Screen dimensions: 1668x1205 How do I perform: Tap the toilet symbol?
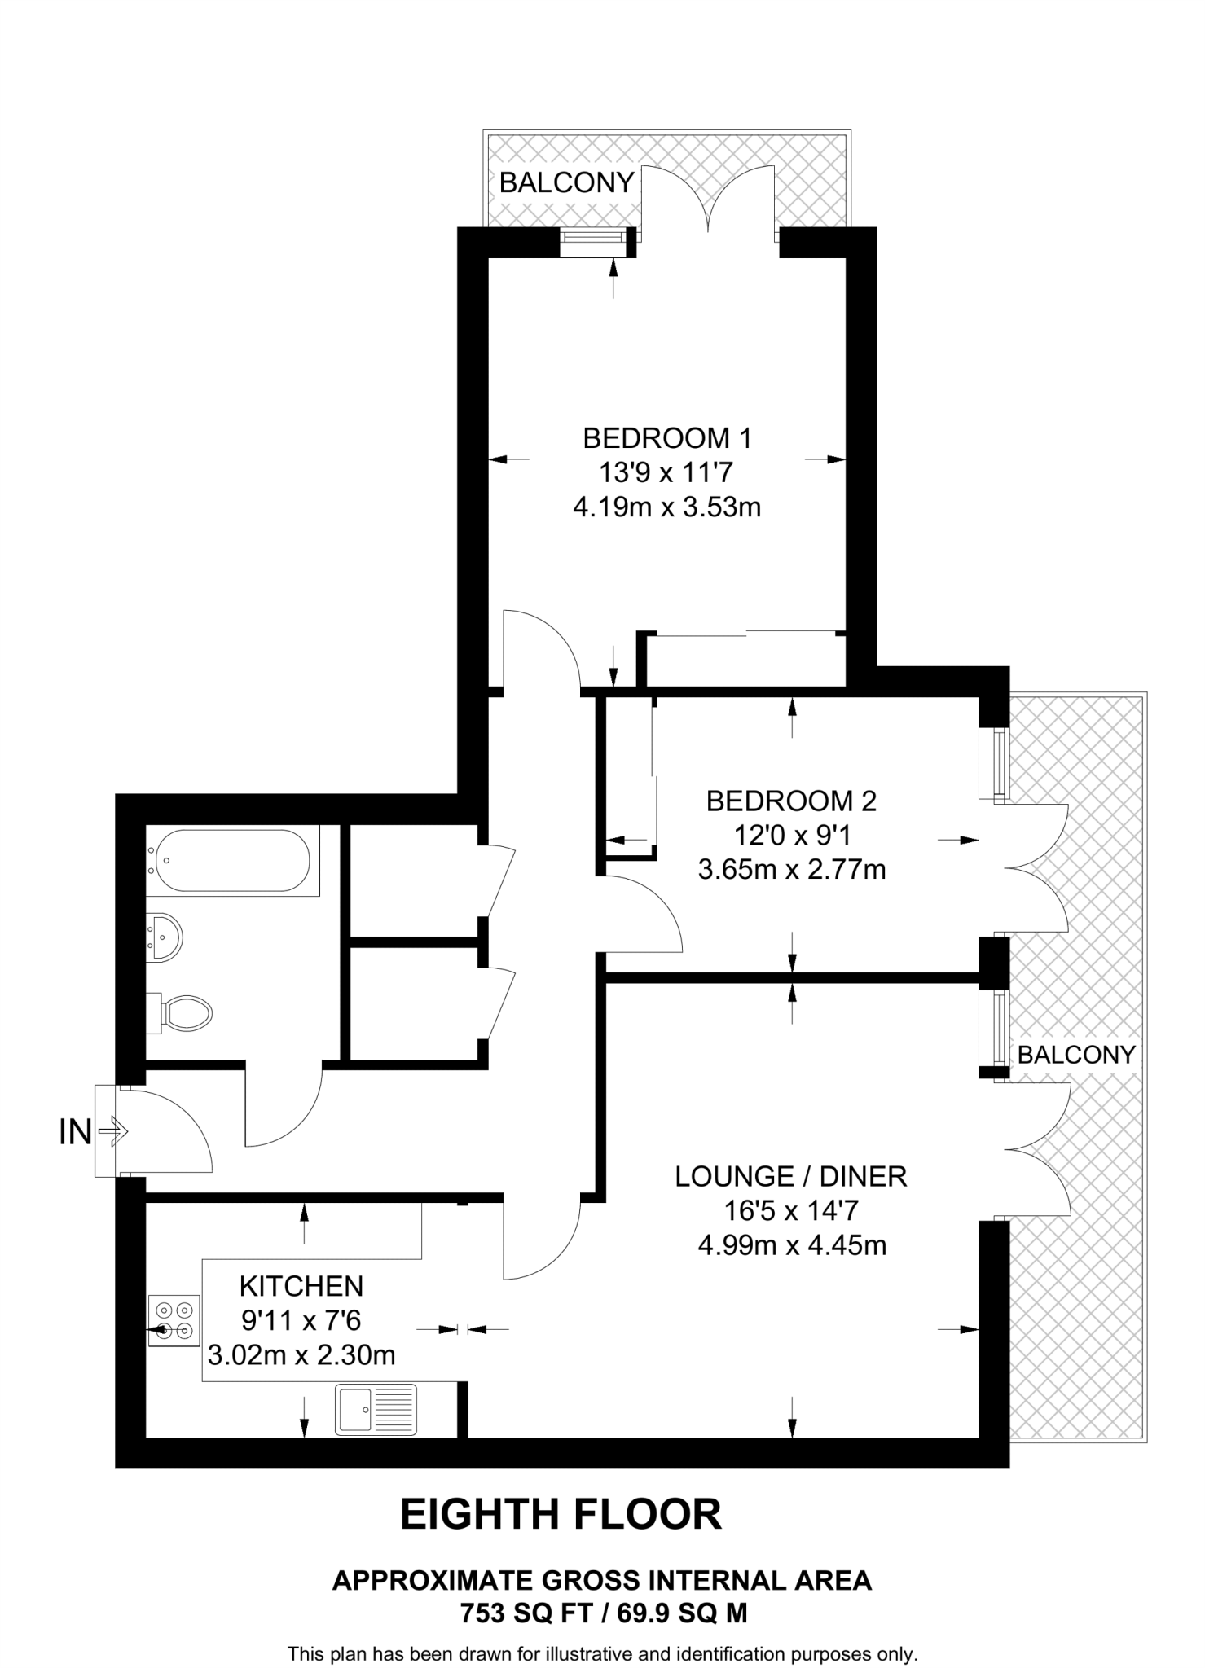186,1013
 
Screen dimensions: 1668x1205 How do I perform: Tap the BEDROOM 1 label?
667,438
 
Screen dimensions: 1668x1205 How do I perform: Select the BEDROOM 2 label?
791,801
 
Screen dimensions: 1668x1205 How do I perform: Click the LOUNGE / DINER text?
791,1176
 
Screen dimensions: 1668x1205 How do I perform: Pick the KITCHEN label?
301,1286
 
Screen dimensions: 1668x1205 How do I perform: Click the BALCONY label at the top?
567,182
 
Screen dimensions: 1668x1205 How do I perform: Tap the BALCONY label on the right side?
1076,1055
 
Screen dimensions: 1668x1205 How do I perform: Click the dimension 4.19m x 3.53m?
667,507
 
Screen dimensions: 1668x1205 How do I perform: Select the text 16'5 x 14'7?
791,1211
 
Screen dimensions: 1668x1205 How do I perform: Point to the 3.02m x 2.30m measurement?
301,1355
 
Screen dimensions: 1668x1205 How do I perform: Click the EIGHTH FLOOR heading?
561,1514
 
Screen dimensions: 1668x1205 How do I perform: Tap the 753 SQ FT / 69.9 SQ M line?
604,1613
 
